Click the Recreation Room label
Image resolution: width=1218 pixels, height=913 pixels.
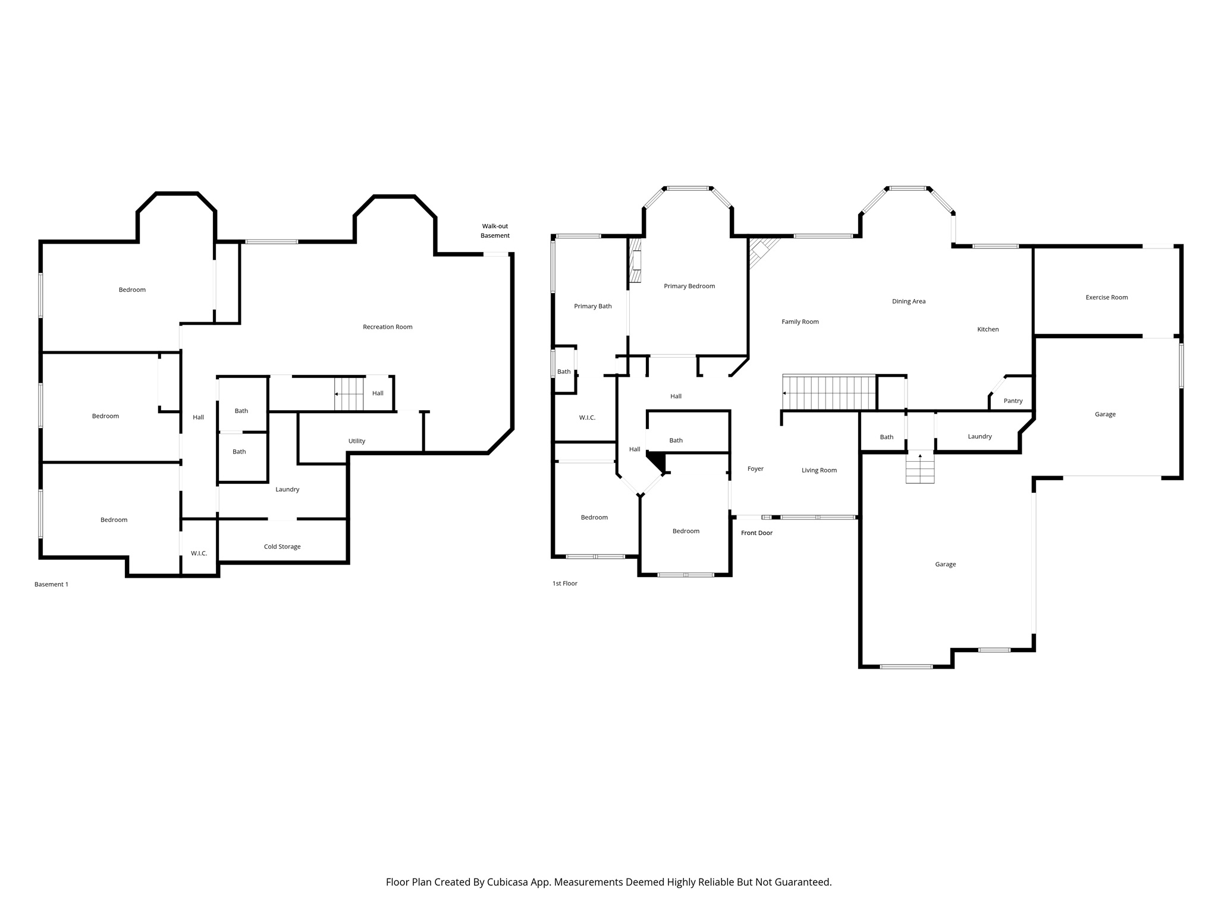[x=387, y=327]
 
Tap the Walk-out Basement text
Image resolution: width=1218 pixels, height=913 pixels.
[x=495, y=231]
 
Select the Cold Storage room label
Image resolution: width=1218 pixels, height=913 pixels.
[x=282, y=547]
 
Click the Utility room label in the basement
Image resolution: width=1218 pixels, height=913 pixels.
[x=357, y=441]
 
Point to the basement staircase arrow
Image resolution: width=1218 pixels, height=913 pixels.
[x=337, y=394]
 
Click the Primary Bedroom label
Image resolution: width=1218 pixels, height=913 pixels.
[x=689, y=287]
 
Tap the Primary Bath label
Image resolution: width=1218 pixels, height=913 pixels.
[x=592, y=307]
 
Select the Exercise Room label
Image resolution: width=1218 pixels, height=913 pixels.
[x=1106, y=297]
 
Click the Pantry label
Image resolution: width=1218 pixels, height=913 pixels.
[x=1013, y=401]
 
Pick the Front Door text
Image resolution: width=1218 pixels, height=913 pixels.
[x=756, y=533]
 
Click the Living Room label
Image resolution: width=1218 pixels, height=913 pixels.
[x=819, y=471]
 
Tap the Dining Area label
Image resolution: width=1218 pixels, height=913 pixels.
[x=908, y=301]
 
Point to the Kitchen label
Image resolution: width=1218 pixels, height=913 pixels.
[x=988, y=329]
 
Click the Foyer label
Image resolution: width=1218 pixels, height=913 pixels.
[x=755, y=469]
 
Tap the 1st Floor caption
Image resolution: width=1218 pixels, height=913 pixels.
[x=564, y=584]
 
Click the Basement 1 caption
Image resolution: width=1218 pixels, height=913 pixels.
[x=51, y=585]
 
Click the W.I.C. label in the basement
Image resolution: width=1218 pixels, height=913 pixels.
[x=199, y=553]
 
